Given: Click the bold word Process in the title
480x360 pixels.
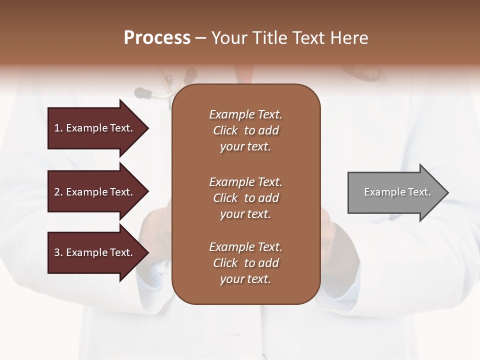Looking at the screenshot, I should (x=157, y=38).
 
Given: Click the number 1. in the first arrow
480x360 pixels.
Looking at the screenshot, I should (x=58, y=128).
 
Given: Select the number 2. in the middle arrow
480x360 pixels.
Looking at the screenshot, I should (x=58, y=192).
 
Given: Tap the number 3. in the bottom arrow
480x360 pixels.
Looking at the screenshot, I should (x=58, y=252).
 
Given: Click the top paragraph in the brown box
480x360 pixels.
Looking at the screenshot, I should (x=245, y=130).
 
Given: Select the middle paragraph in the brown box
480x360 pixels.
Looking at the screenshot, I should (x=245, y=197).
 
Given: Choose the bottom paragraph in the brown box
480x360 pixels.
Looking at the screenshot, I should (x=245, y=263).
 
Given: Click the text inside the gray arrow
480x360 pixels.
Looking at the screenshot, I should (x=397, y=192).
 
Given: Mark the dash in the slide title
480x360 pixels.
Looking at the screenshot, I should (x=200, y=38).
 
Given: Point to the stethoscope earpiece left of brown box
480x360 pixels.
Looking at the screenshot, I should (x=142, y=92).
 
